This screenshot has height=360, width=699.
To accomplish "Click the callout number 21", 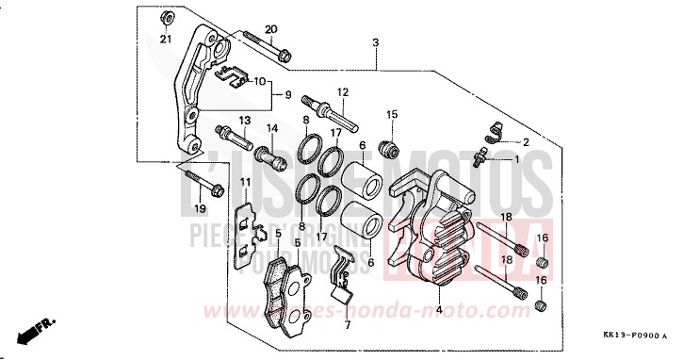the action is [165, 39].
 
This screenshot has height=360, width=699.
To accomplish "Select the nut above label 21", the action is [165, 17].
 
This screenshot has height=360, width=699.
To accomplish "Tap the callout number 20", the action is [271, 29].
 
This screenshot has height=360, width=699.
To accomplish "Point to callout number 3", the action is [375, 43].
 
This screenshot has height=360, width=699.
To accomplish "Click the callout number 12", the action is [343, 92].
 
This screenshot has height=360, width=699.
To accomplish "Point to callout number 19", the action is [200, 207].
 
